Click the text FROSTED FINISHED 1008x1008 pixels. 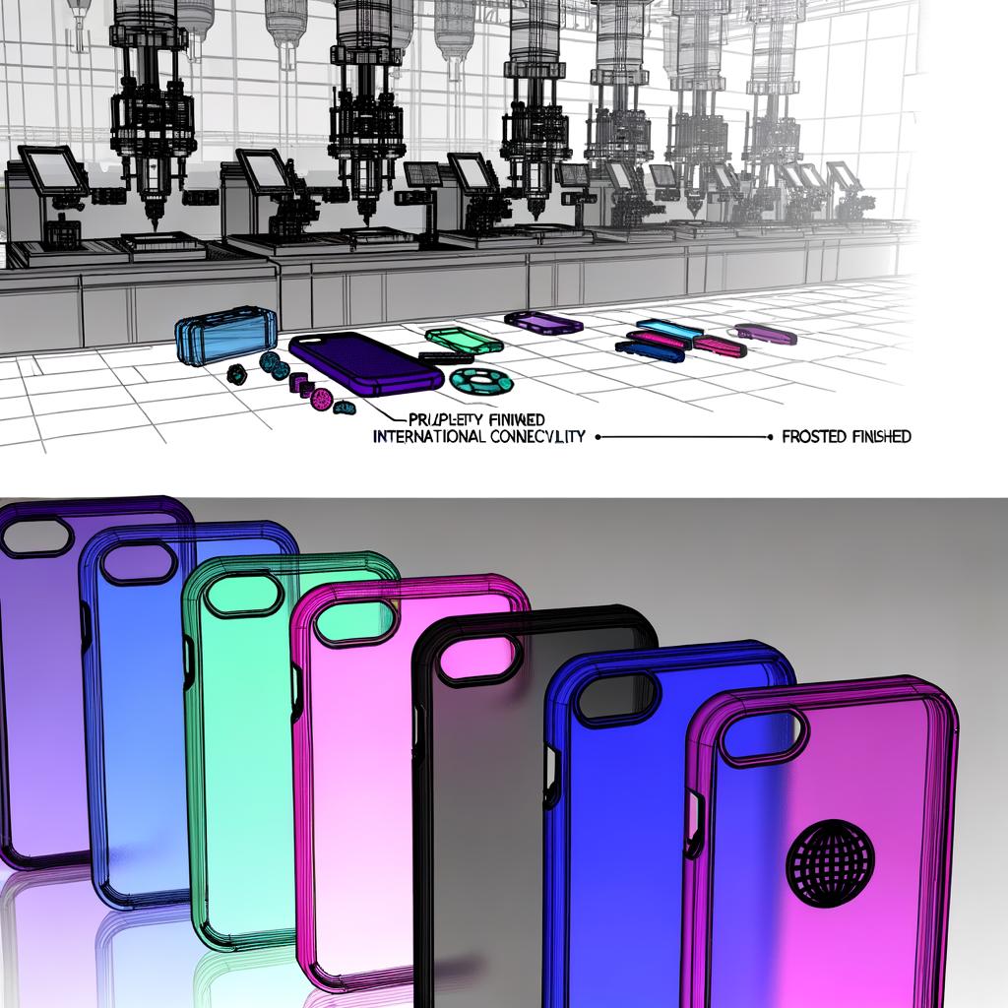[846, 436]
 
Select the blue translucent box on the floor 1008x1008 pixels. [225, 335]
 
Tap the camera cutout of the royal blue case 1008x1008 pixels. [618, 697]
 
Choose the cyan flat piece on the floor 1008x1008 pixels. [668, 327]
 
